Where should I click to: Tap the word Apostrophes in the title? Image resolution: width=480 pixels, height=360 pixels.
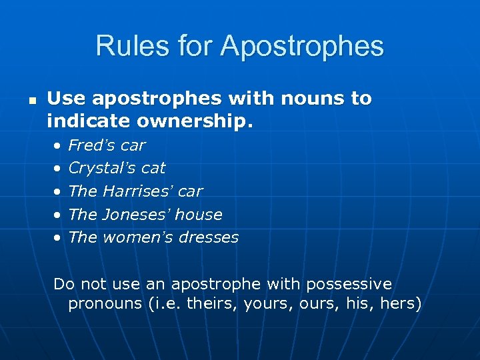[303, 47]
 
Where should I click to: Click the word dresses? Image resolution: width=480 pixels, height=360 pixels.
[205, 237]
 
